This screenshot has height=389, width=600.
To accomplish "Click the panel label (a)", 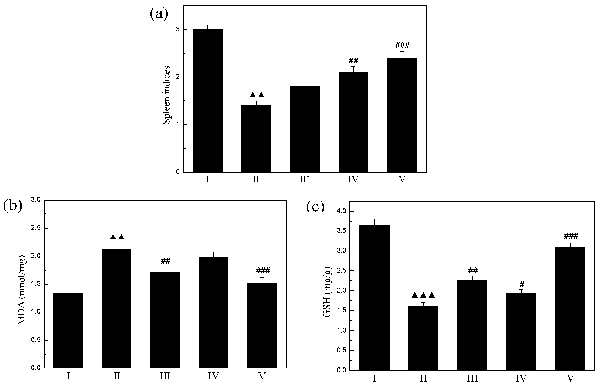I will click(159, 14).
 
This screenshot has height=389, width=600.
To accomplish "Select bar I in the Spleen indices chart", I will click(207, 101).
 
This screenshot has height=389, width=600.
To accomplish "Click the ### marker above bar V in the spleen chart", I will click(402, 45).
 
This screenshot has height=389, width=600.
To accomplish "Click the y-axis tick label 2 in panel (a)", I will click(178, 77).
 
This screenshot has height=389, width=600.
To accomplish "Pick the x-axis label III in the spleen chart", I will click(304, 180).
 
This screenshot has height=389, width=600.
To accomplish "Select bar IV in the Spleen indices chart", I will click(353, 122).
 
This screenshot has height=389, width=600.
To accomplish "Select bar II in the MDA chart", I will click(117, 309).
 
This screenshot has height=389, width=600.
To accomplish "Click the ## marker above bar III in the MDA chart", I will click(165, 261).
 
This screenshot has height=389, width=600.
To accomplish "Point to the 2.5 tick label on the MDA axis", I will click(35, 228).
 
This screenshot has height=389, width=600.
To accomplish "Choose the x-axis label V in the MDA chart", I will click(262, 376).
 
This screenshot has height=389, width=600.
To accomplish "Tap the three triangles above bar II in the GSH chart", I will click(423, 295).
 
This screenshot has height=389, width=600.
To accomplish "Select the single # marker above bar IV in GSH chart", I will click(522, 285).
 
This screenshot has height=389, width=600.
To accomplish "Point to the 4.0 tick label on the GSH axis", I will click(341, 211).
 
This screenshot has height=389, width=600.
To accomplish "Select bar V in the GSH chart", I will click(570, 309).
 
